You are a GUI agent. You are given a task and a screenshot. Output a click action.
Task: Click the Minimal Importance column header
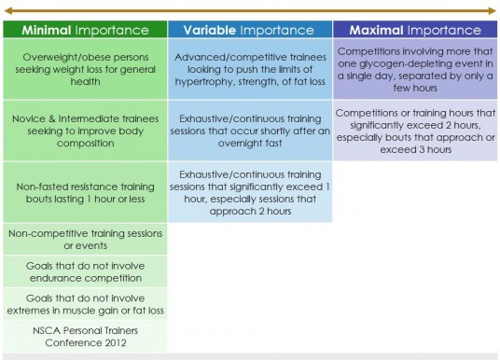pos(85,30)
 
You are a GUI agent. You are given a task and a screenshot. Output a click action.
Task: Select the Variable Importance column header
pos(250,30)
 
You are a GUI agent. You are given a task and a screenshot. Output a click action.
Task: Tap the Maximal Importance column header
pos(415,30)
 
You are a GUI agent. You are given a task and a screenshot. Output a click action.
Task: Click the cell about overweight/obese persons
pos(85,69)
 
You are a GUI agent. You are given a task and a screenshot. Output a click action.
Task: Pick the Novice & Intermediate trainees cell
pos(85,131)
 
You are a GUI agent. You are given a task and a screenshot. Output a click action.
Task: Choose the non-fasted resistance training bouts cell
pos(85,192)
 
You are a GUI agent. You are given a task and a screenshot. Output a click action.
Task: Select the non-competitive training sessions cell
pos(85,239)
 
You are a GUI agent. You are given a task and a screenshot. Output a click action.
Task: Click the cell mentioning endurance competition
pos(85,271)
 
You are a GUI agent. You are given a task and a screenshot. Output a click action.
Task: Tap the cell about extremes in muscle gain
pos(85,304)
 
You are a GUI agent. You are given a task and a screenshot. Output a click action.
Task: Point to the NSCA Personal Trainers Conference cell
pos(85,337)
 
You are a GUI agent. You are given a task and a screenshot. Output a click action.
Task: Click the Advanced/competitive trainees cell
pos(250,69)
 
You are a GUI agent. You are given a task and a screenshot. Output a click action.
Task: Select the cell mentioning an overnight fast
pos(250,131)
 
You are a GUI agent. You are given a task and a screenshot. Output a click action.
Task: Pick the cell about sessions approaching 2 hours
pos(250,192)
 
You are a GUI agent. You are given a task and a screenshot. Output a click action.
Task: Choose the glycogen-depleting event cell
pos(415,69)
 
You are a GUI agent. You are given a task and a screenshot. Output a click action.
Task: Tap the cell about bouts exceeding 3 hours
pos(415,131)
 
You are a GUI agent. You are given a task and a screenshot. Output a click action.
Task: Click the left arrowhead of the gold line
pos(8,11)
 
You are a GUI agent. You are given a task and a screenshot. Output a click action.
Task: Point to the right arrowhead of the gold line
pos(492,11)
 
